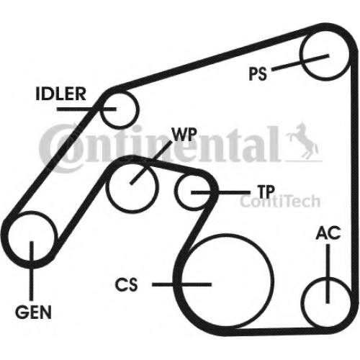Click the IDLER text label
tap(60, 94)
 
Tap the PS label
tap(258, 73)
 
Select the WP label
tap(184, 134)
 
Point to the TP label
tap(266, 192)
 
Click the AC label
tap(328, 233)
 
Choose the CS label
tap(127, 284)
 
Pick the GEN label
tap(33, 312)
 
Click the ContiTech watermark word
tap(280, 201)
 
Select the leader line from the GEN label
tap(31, 271)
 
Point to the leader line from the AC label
tap(328, 274)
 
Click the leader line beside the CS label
tap(181, 284)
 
